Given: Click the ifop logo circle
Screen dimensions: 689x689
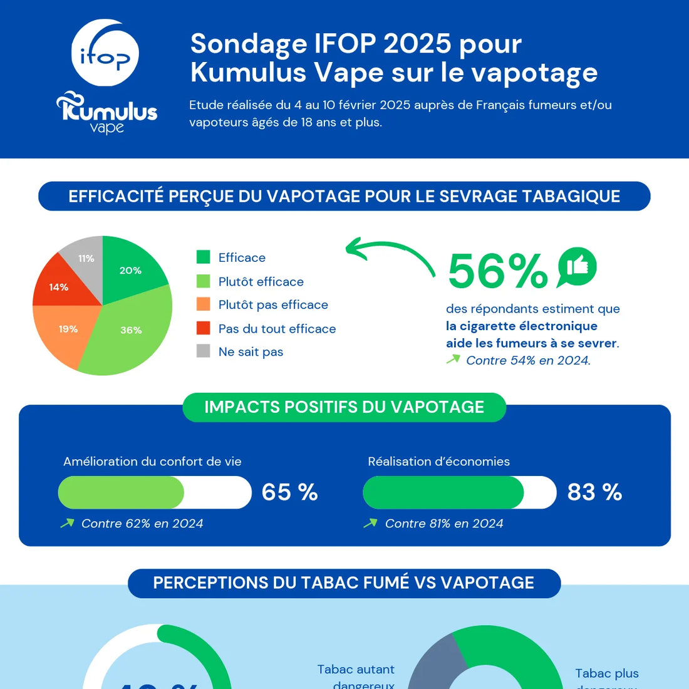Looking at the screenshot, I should point(105,53).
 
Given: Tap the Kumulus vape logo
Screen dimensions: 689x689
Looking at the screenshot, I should point(106,113).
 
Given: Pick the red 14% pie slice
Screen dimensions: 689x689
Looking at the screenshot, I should point(59,287).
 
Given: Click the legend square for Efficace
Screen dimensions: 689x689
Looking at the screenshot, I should point(203,257).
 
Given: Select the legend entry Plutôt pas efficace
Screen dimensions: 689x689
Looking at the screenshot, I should point(273,305).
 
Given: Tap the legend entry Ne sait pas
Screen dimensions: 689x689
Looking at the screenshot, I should point(251,352).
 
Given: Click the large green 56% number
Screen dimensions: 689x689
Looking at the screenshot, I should point(498,271).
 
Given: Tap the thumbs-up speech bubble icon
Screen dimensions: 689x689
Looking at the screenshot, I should point(577,267).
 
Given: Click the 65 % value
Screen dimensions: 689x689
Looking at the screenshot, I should point(289,492).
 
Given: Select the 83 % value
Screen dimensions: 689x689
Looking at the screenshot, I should point(594,492).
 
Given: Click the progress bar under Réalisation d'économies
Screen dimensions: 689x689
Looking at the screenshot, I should point(459,492).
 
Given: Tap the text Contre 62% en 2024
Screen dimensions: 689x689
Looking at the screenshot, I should point(142,524).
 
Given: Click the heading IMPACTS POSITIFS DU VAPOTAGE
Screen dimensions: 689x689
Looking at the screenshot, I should point(344,407).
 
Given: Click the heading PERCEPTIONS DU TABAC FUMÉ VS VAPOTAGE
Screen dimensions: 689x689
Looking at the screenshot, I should point(344,583).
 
